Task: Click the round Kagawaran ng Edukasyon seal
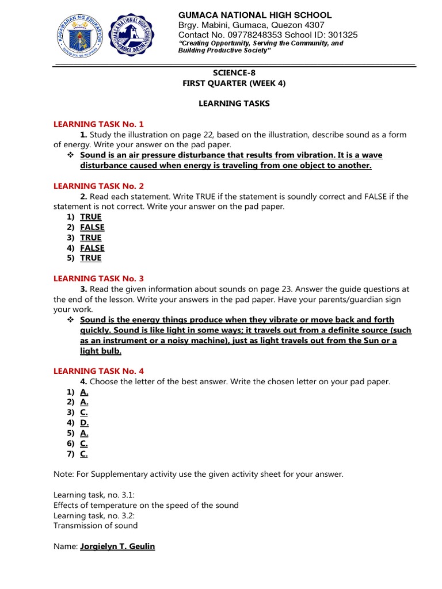coord(81,37)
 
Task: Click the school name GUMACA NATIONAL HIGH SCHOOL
coord(255,15)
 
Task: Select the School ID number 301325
coord(341,35)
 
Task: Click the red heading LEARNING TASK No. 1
coord(98,124)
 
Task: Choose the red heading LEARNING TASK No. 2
coord(98,186)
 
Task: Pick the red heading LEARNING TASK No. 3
coord(98,278)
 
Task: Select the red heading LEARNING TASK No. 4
coord(98,371)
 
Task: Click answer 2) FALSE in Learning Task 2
coord(92,227)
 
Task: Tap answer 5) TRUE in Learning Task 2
coord(90,258)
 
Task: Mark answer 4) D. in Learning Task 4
coord(84,423)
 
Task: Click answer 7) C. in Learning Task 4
coord(84,454)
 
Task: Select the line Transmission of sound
coord(96,526)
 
